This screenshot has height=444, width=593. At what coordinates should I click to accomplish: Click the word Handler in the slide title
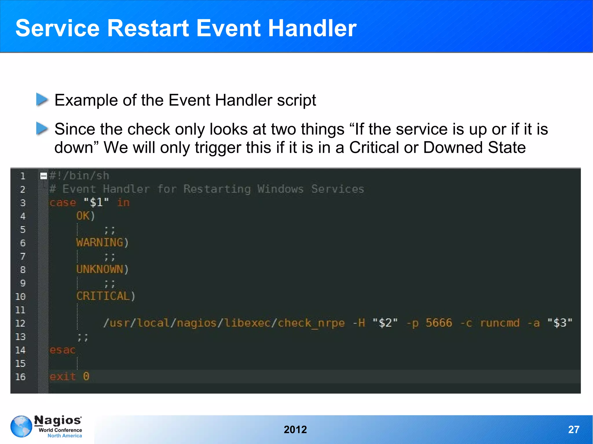(x=312, y=28)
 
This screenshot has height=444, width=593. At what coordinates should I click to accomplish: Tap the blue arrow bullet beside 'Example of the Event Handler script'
(x=42, y=100)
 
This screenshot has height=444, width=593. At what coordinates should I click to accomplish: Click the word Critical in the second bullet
(x=374, y=147)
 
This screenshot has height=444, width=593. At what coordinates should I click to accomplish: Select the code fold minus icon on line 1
(x=44, y=176)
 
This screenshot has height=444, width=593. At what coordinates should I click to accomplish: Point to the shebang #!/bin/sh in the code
(x=79, y=176)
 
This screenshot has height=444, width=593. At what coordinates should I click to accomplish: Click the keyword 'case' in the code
(x=63, y=202)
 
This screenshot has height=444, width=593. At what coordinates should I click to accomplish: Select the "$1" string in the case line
(x=96, y=202)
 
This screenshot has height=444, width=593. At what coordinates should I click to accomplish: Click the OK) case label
(x=85, y=216)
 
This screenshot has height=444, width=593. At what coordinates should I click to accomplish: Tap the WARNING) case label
(x=102, y=242)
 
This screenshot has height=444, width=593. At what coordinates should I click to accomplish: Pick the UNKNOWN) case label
(x=102, y=269)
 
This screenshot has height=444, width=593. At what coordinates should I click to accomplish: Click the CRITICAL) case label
(x=106, y=296)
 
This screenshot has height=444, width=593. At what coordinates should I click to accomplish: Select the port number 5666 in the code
(x=439, y=323)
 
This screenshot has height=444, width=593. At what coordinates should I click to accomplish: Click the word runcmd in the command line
(x=500, y=323)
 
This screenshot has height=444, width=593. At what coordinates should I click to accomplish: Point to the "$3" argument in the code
(x=560, y=323)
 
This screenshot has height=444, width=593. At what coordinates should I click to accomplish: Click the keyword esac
(x=63, y=350)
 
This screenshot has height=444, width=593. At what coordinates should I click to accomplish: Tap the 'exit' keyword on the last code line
(x=63, y=377)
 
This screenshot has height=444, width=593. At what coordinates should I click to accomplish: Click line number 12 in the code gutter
(x=20, y=323)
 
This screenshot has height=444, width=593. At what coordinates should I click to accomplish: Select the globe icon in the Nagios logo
(x=21, y=426)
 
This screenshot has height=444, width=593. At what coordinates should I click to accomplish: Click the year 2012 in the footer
(x=295, y=430)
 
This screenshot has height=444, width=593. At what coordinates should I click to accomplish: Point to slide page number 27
(x=574, y=430)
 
